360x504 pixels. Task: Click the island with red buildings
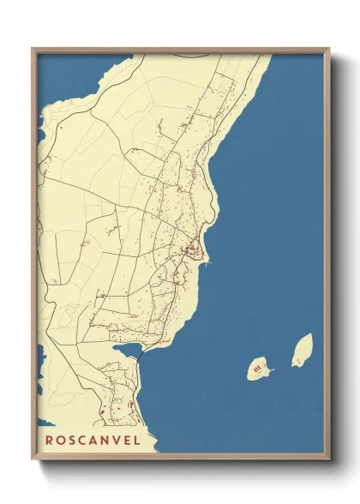(x=260, y=369)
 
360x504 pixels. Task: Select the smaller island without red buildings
(x=302, y=350)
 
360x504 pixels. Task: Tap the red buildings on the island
(x=256, y=369)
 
